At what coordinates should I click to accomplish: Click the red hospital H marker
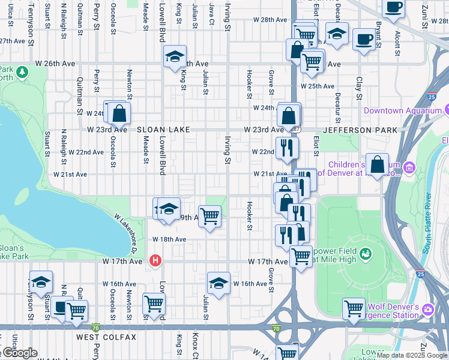pyautogui.click(x=156, y=260)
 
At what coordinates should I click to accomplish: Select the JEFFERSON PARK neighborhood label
pyautogui.click(x=360, y=130)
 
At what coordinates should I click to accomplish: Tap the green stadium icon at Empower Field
pyautogui.click(x=364, y=256)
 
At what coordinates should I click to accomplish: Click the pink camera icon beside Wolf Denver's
pyautogui.click(x=429, y=309)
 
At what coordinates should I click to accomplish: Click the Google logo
pyautogui.click(x=19, y=353)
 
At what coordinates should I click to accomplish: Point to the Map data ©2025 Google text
pyautogui.click(x=411, y=355)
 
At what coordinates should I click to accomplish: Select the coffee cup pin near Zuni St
pyautogui.click(x=393, y=8)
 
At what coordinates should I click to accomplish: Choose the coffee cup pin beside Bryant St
pyautogui.click(x=363, y=40)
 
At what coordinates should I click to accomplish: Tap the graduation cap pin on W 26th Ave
pyautogui.click(x=175, y=57)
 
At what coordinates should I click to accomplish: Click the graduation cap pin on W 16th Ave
pyautogui.click(x=219, y=284)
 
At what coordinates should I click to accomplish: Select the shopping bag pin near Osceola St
pyautogui.click(x=119, y=113)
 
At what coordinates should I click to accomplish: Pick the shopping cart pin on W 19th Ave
pyautogui.click(x=210, y=216)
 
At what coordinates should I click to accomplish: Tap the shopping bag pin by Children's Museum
pyautogui.click(x=378, y=164)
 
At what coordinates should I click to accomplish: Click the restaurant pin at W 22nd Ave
pyautogui.click(x=287, y=148)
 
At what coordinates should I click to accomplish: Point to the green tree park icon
pyautogui.click(x=23, y=73)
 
